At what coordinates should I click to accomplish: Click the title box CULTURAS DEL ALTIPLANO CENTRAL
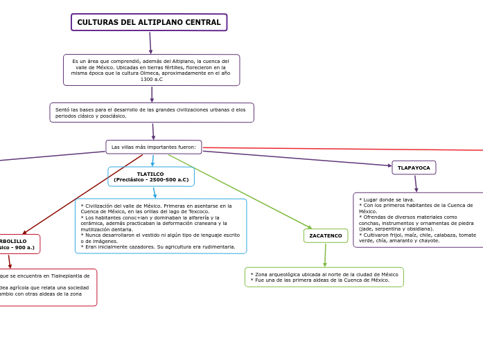click(149, 22)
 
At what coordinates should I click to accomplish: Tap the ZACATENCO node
click(326, 235)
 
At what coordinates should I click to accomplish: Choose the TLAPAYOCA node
click(414, 168)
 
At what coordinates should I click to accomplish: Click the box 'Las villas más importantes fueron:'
click(153, 147)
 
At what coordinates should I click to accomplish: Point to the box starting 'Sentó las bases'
click(151, 112)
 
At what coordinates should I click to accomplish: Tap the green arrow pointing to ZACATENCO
click(243, 192)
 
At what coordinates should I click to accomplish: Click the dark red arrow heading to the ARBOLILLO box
click(83, 194)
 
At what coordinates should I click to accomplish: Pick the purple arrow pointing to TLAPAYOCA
click(298, 159)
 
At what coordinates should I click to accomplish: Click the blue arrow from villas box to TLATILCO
click(152, 161)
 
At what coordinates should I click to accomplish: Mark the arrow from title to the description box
click(150, 43)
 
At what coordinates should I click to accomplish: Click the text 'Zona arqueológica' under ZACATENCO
click(274, 274)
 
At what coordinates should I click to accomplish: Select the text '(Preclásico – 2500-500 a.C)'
click(151, 180)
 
